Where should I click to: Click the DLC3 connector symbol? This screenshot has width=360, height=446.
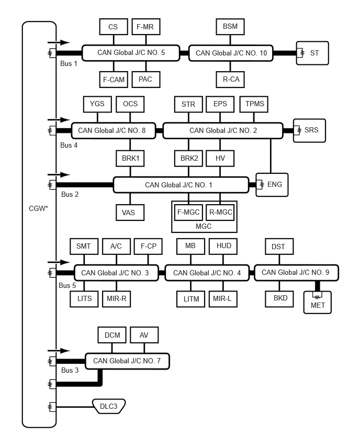(109, 406)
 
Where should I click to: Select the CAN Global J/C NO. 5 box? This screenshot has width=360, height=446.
(131, 53)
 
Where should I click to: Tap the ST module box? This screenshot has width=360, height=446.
(312, 53)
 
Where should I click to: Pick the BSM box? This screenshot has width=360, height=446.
(230, 27)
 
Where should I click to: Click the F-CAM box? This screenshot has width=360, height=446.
(114, 80)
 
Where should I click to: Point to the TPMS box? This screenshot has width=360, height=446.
(254, 104)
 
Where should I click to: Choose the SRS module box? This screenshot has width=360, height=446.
(309, 130)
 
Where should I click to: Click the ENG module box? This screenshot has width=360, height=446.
(272, 185)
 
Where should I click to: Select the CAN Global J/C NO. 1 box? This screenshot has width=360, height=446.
(181, 185)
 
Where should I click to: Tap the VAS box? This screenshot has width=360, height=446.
(130, 213)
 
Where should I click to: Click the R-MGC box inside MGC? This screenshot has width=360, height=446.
(220, 212)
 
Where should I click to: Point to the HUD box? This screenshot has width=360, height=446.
(223, 246)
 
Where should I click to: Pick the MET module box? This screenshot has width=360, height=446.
(317, 302)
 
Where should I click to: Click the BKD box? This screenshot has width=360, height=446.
(279, 299)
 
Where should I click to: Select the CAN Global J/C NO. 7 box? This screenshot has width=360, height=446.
(127, 361)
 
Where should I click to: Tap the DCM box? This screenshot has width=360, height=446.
(112, 335)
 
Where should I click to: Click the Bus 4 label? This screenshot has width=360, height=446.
(69, 146)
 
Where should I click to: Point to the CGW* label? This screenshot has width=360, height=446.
(38, 208)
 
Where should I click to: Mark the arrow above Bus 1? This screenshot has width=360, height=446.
(59, 43)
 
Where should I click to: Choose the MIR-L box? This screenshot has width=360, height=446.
(223, 299)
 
